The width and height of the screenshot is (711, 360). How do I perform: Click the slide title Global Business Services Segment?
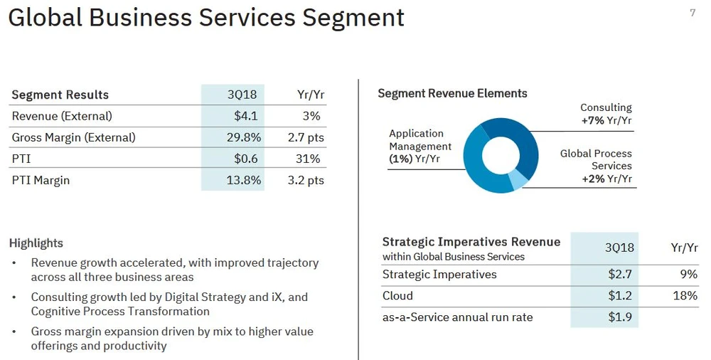coord(206,18)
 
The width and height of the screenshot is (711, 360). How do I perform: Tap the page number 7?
coord(693,13)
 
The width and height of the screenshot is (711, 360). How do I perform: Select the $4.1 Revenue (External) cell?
coord(245,116)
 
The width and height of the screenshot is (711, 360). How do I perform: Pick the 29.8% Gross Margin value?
coord(243,137)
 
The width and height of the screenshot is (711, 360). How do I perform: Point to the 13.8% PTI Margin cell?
coord(243,180)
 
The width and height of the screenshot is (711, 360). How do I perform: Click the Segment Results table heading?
coord(60,95)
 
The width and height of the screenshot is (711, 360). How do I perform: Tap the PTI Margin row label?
coord(41,180)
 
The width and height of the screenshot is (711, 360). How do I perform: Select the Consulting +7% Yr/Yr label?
coord(606,114)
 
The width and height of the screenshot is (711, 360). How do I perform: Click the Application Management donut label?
coord(419,146)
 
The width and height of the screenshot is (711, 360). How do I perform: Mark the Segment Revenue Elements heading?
coord(452,93)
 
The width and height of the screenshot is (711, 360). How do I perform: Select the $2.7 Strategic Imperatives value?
coord(620,275)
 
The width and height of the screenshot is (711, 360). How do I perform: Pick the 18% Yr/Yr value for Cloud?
coord(685,296)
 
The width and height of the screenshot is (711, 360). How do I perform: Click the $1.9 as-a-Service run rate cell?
coord(620,317)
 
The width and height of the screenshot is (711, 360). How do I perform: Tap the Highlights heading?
coord(36,243)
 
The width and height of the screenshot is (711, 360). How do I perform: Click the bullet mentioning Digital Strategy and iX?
coord(169,304)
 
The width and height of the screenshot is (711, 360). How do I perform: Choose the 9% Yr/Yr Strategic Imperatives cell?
coord(688,275)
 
